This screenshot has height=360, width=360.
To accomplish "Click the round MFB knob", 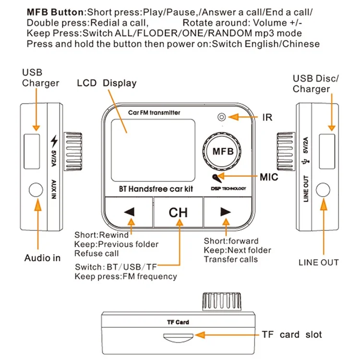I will (223, 151).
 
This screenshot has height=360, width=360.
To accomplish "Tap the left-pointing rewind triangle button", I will (129, 212).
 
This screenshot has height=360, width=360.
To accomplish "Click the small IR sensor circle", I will (222, 117).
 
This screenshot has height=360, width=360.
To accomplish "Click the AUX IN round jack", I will (36, 190).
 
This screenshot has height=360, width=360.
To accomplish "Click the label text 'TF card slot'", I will (292, 335).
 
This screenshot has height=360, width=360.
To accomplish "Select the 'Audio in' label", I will (43, 258).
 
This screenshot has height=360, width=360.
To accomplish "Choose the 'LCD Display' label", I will (107, 83).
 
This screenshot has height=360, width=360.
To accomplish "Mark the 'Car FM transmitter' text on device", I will (154, 112).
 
